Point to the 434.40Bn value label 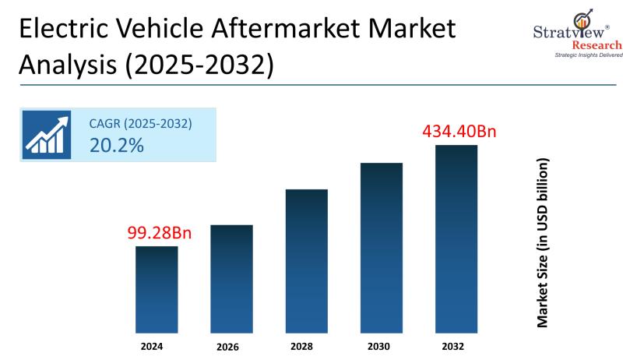pyautogui.click(x=459, y=131)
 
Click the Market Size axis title pyautogui.click(x=543, y=242)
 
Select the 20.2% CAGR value pyautogui.click(x=117, y=145)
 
